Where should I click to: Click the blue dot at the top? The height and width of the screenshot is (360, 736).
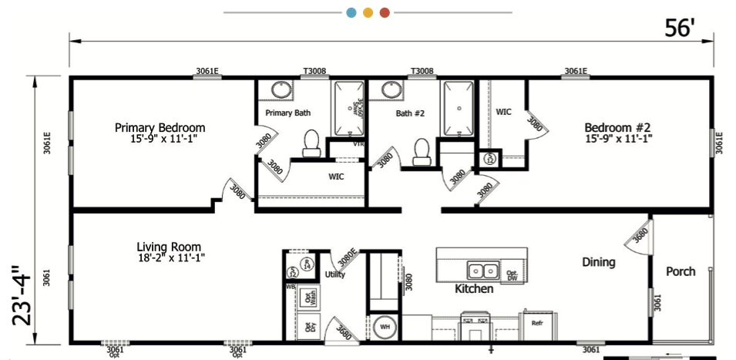tap(351, 12)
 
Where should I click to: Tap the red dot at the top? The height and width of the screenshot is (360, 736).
tap(385, 12)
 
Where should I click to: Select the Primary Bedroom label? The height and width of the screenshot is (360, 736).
tap(160, 133)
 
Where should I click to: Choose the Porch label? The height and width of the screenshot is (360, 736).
tap(681, 271)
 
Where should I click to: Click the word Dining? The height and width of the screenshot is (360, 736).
tap(598, 262)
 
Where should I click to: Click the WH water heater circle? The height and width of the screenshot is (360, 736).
tap(385, 327)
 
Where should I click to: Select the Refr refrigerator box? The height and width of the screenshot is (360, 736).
tap(537, 322)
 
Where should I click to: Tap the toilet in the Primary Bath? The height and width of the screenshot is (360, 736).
tap(311, 143)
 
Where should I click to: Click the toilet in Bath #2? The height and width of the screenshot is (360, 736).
tap(421, 150)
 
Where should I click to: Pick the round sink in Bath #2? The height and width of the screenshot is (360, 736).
tap(392, 90)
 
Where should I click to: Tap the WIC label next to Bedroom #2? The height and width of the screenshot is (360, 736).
tap(503, 112)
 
